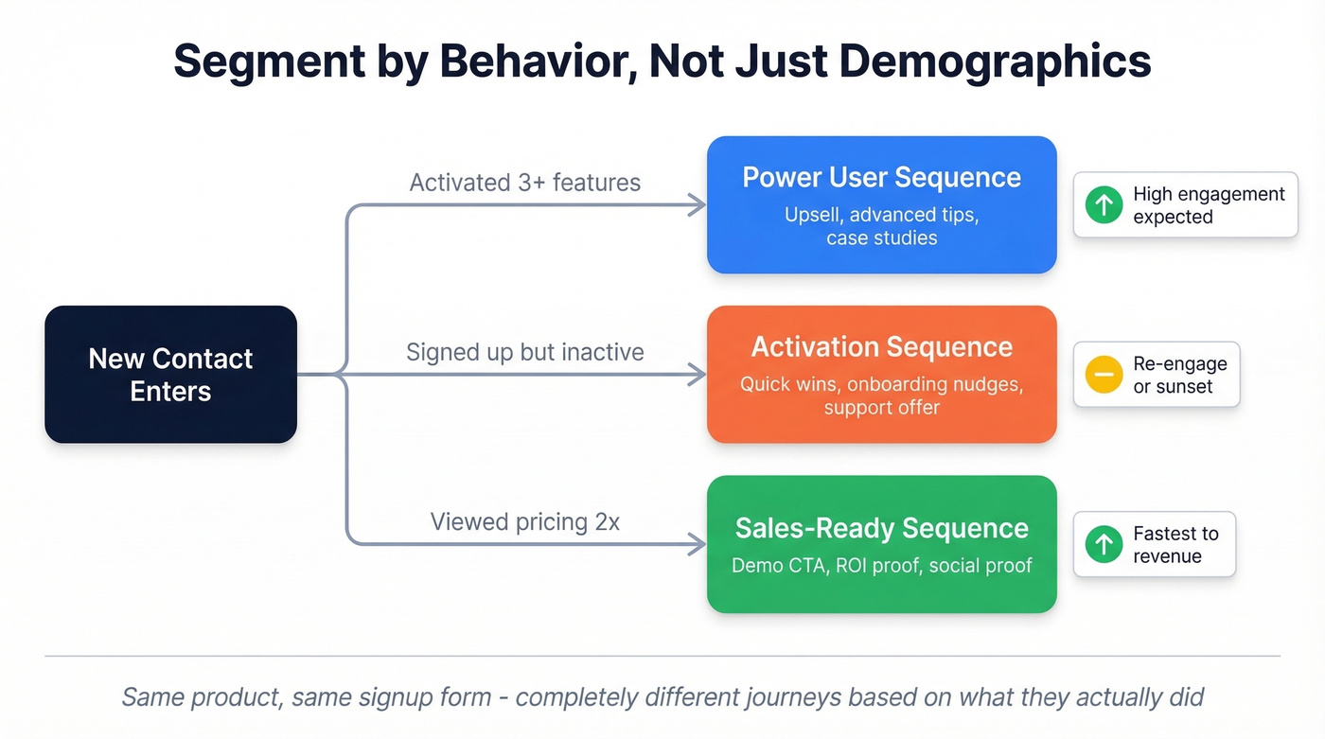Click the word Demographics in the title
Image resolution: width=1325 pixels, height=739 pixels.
tap(995, 62)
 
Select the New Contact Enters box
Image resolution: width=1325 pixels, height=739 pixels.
tap(170, 375)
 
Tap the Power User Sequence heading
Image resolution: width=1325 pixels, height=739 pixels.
tap(881, 178)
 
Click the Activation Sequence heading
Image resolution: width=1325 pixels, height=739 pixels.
tap(881, 347)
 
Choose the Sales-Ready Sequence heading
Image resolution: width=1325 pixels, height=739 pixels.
tap(881, 528)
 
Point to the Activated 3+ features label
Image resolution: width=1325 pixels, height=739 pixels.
tap(524, 183)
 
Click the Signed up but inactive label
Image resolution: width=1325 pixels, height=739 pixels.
tap(524, 353)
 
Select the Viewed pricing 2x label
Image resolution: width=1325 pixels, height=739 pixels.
tap(524, 522)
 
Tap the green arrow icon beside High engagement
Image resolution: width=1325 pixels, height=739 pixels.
tap(1104, 205)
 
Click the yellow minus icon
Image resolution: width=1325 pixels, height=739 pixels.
tap(1104, 375)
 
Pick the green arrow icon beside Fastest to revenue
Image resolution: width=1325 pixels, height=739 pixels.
tap(1104, 545)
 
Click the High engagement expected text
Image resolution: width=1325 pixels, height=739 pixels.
tap(1209, 205)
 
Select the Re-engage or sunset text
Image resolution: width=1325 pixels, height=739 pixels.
tap(1179, 375)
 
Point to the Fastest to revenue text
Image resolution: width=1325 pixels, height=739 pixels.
tap(1175, 545)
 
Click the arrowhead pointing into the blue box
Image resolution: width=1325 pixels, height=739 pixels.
tap(698, 204)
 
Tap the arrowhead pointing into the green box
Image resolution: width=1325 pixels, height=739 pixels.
tap(698, 544)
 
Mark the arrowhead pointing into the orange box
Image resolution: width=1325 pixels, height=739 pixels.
tap(698, 375)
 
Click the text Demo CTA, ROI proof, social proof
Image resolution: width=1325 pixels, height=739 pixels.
tap(881, 566)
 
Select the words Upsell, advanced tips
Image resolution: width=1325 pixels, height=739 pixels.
tap(881, 215)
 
